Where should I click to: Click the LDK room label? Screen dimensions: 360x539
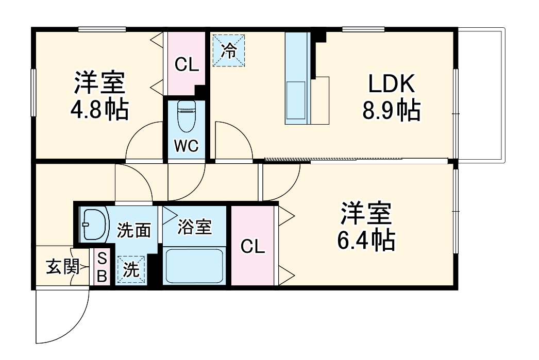[391, 84]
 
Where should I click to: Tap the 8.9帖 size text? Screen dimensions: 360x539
[391, 110]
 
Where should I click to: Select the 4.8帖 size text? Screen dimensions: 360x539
[100, 109]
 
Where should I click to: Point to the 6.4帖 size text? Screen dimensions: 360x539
[366, 240]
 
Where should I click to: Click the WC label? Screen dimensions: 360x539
[186, 146]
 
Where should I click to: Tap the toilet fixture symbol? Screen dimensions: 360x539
[185, 116]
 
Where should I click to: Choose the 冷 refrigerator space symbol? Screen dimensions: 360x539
[229, 50]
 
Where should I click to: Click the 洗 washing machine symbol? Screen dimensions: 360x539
[132, 270]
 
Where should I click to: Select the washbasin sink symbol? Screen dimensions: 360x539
[95, 225]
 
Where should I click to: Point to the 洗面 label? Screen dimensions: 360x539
[133, 231]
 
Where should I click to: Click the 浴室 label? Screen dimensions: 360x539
[194, 227]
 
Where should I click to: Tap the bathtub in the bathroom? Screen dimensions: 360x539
[194, 265]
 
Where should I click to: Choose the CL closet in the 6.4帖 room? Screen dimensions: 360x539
[253, 247]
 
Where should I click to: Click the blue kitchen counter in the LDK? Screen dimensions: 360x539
[297, 78]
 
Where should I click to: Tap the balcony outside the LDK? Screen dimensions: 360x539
[481, 95]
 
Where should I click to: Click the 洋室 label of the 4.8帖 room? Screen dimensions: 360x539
[99, 82]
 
